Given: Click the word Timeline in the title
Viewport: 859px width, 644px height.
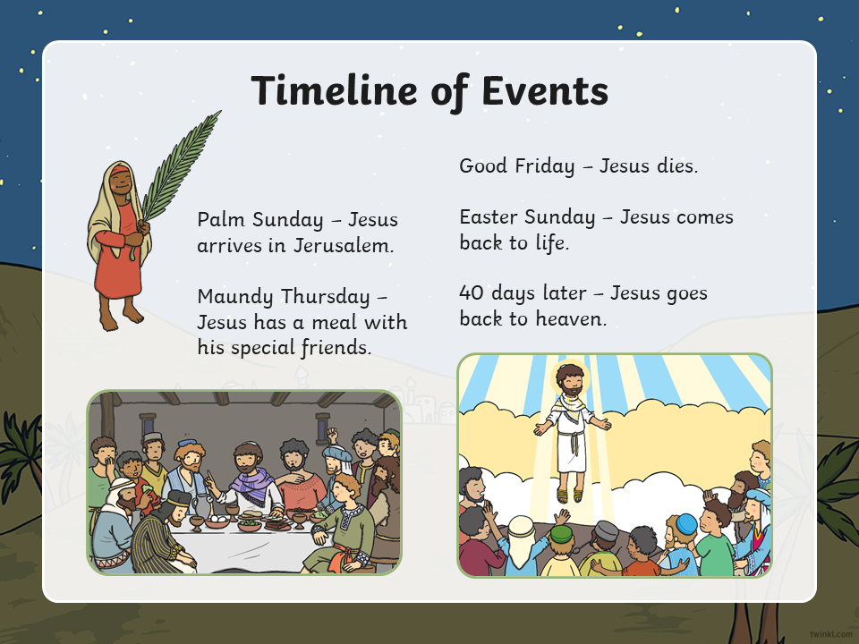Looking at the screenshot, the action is pyautogui.click(x=334, y=90).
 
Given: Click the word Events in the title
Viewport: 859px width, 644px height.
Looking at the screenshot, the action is pyautogui.click(x=545, y=90).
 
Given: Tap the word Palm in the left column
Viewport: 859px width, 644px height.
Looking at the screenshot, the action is pyautogui.click(x=221, y=220).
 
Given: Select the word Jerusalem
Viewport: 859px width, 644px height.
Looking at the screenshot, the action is pyautogui.click(x=344, y=245).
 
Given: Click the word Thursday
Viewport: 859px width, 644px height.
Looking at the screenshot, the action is pyautogui.click(x=326, y=297).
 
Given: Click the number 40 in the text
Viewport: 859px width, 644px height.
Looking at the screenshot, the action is pyautogui.click(x=472, y=293).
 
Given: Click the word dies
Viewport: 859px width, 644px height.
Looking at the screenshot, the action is pyautogui.click(x=677, y=166).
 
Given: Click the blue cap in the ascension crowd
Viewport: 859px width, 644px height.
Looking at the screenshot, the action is pyautogui.click(x=686, y=524).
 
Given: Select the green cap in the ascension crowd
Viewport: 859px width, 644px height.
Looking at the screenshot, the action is pyautogui.click(x=561, y=533).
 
